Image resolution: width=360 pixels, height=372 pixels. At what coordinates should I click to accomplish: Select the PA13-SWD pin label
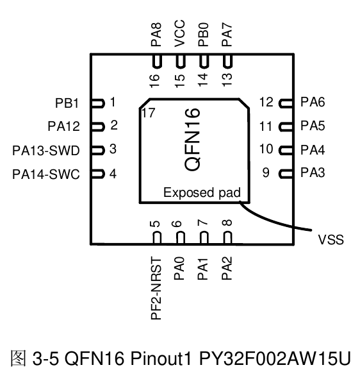46,150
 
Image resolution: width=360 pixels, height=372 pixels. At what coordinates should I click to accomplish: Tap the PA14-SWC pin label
46,174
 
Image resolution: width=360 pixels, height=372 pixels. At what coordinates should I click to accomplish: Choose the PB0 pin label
203,35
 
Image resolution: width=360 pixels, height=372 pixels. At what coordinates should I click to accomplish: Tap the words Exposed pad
201,192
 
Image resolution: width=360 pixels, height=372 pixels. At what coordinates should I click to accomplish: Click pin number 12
266,102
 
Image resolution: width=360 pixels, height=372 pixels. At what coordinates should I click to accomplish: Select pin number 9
266,173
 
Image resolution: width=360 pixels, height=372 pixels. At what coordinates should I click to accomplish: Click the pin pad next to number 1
97,102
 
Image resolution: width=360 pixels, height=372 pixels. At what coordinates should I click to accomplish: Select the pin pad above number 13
227,61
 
